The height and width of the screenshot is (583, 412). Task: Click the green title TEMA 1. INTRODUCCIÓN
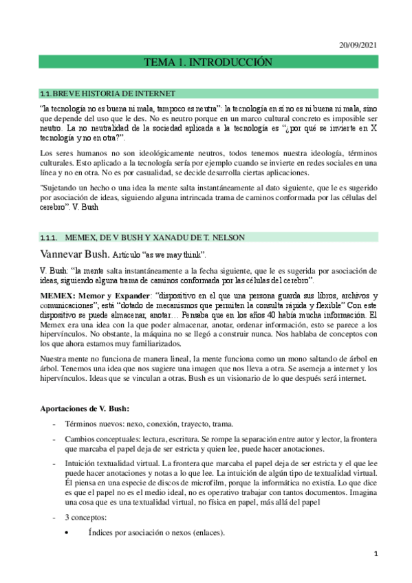point(207,63)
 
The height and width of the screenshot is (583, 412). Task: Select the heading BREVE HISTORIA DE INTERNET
point(114,93)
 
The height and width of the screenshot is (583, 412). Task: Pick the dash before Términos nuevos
point(54,424)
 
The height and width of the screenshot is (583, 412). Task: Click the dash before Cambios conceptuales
point(54,439)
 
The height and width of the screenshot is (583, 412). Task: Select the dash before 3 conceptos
point(54,518)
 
